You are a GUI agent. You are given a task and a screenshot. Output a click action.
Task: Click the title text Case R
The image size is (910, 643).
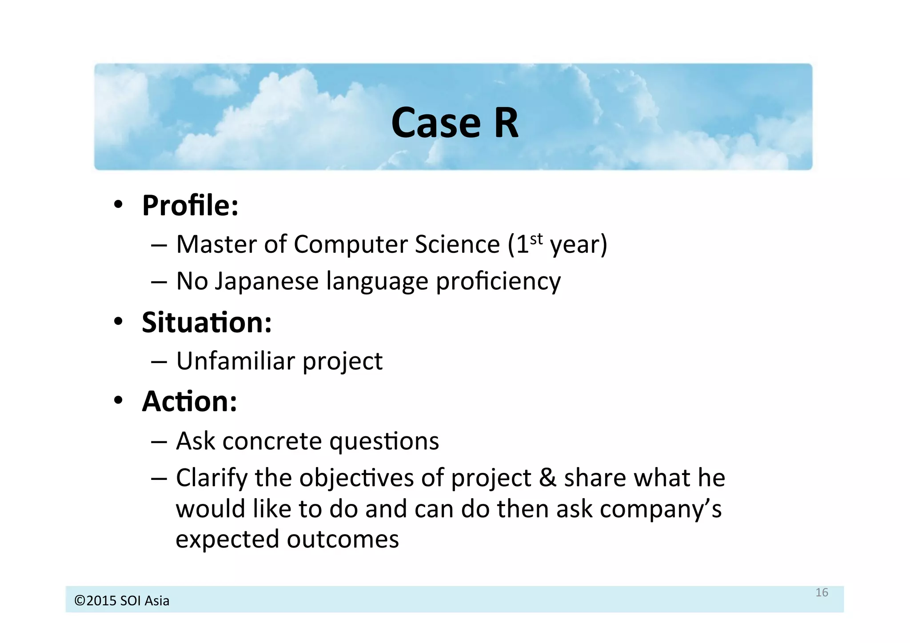tap(455, 123)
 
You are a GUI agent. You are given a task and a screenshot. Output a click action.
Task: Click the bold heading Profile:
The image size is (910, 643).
tap(190, 206)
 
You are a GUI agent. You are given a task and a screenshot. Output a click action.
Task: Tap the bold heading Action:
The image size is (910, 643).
tap(189, 401)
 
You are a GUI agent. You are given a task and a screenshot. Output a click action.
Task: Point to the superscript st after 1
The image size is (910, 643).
tap(536, 239)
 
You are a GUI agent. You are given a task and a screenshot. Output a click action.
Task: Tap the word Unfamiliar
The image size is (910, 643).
tap(235, 361)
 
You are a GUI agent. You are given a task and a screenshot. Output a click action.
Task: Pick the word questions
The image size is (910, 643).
tap(384, 441)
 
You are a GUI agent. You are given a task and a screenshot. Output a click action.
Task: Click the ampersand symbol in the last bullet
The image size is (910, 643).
tap(547, 478)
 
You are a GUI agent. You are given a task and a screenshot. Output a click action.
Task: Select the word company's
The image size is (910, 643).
tap(661, 509)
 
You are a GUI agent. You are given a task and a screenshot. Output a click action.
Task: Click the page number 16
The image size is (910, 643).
tap(822, 592)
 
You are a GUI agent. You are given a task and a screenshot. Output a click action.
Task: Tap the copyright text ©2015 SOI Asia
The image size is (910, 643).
tap(122, 601)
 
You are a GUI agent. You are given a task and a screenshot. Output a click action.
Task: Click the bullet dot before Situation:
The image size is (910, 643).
tap(118, 321)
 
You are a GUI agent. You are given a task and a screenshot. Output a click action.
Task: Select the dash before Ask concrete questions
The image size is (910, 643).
tap(159, 442)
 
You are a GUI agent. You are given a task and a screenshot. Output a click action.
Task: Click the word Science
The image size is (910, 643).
tap(457, 245)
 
